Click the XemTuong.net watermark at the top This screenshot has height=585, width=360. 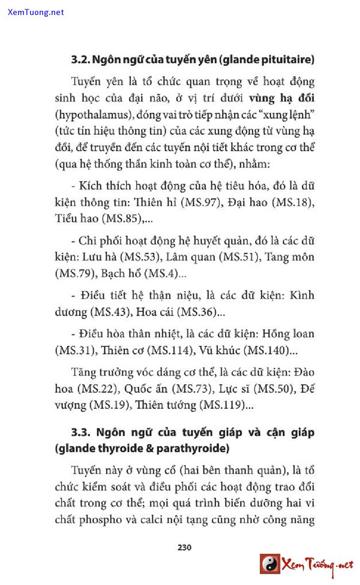(36, 12)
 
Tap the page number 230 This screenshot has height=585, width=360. (184, 547)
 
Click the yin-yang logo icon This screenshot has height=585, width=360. (270, 564)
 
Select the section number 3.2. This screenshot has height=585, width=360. (80, 60)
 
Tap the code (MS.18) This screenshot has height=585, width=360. (293, 203)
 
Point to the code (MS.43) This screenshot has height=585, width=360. (111, 312)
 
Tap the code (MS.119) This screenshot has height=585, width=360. (226, 405)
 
